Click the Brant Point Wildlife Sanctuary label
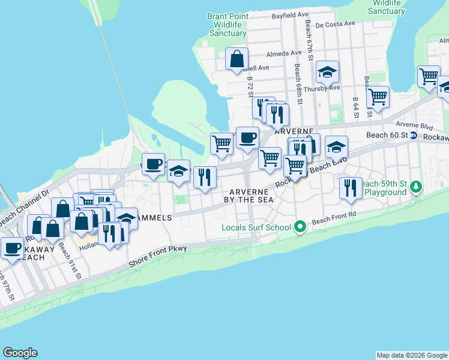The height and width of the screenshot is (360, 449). (228, 25)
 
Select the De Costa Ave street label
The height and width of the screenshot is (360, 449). (335, 25)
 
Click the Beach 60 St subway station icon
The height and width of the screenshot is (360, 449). (414, 136)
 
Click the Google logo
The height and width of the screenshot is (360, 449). (20, 353)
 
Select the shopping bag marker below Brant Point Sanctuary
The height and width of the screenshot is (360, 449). (237, 59)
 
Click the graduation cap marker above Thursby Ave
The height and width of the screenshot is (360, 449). (327, 72)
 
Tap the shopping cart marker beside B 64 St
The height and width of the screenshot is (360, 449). (378, 96)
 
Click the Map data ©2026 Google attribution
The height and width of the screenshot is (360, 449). (412, 355)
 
